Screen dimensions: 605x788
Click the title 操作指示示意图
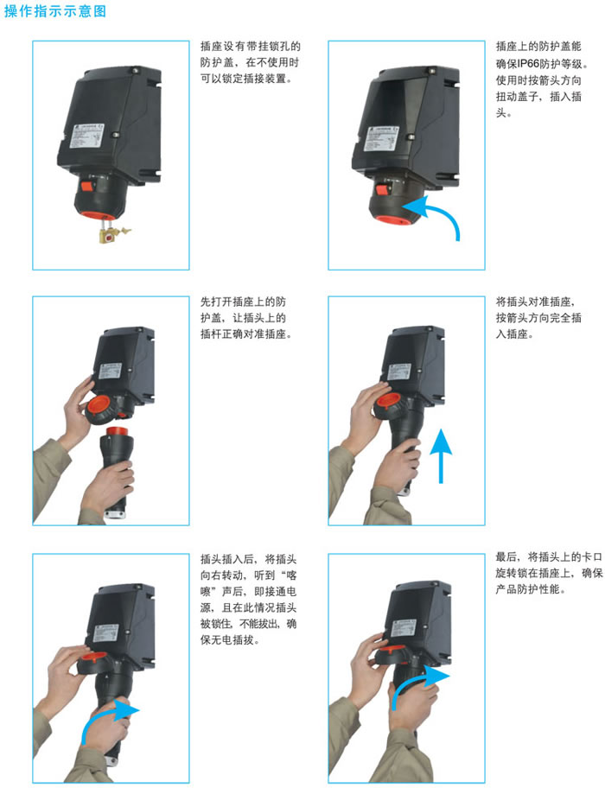tap(55, 10)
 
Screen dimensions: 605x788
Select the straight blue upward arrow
tap(441, 456)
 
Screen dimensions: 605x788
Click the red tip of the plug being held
tap(117, 431)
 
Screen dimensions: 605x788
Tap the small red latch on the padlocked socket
tap(87, 187)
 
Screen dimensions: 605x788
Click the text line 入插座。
tap(514, 334)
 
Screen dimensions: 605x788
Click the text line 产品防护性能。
tap(531, 589)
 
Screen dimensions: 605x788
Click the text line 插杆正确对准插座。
tap(246, 334)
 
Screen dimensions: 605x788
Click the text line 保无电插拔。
tap(230, 640)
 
